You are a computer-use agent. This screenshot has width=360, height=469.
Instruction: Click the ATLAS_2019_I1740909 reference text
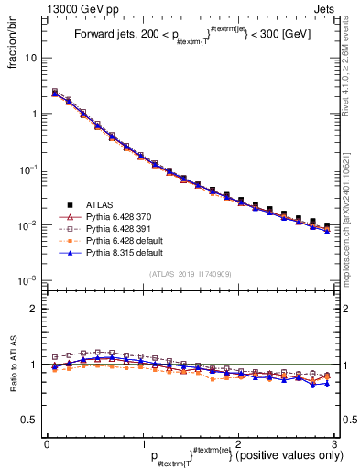point(190,274)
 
